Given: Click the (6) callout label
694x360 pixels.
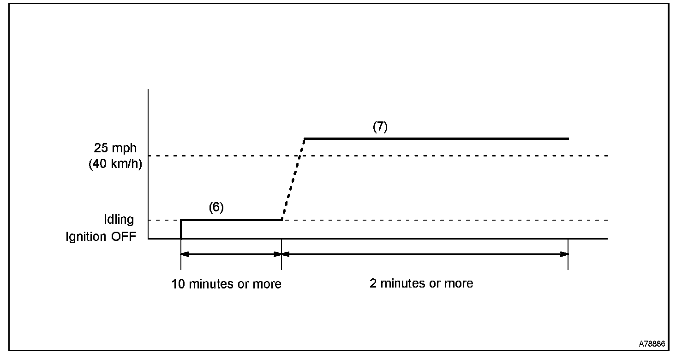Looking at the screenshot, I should tap(216, 207).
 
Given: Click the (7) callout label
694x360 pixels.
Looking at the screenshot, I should tap(380, 127).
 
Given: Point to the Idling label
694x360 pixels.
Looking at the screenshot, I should tap(119, 220).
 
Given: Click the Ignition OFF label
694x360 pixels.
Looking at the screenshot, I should tap(101, 237).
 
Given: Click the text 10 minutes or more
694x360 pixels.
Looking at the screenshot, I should tap(226, 284).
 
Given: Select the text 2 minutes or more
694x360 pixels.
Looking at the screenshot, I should tap(421, 283).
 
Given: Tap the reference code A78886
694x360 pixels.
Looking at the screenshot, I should tap(652, 344).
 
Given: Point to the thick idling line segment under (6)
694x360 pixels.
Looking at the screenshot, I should tap(231, 220).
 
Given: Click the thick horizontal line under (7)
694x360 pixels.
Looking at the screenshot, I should tap(436, 138).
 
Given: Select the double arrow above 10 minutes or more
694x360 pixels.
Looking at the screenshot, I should tap(231, 254).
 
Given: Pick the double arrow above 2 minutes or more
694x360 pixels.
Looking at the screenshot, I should tap(425, 254).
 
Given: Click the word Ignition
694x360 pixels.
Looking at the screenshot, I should tap(85, 237).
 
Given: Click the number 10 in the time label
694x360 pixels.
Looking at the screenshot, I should tap(177, 284).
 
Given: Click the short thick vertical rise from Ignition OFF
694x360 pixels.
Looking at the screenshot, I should tap(181, 229).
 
